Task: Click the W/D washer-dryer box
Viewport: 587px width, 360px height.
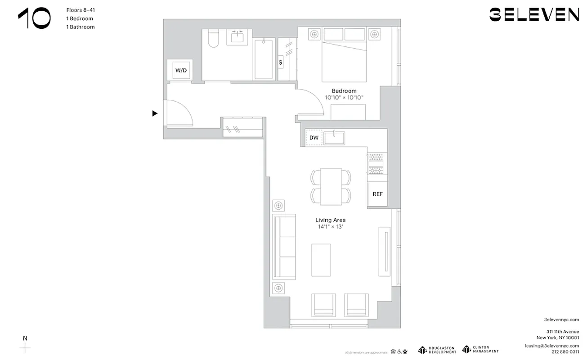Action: tap(181, 70)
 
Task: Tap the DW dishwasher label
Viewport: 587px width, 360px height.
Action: tap(314, 138)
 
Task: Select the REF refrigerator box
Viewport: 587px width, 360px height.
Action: tap(377, 194)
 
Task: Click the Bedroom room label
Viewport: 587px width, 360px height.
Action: tap(344, 91)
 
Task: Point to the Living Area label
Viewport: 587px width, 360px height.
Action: tap(330, 220)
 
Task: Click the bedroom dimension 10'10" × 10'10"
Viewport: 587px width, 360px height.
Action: tap(344, 98)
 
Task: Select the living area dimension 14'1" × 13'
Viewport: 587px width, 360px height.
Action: tap(330, 227)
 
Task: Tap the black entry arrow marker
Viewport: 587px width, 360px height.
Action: tap(155, 113)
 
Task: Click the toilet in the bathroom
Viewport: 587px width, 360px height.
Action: tap(213, 39)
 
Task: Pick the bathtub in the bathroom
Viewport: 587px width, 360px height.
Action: tap(264, 59)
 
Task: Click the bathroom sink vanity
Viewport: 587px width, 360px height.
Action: tap(237, 36)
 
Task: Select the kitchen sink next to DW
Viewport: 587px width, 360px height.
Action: tap(334, 138)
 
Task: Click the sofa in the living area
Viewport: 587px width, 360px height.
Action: tap(284, 247)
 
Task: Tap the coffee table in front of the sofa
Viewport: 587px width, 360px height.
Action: tap(321, 260)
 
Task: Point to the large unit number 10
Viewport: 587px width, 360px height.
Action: tap(35, 19)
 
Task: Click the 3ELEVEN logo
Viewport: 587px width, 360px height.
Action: tap(534, 15)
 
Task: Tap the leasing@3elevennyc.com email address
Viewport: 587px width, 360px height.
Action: tap(551, 346)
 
